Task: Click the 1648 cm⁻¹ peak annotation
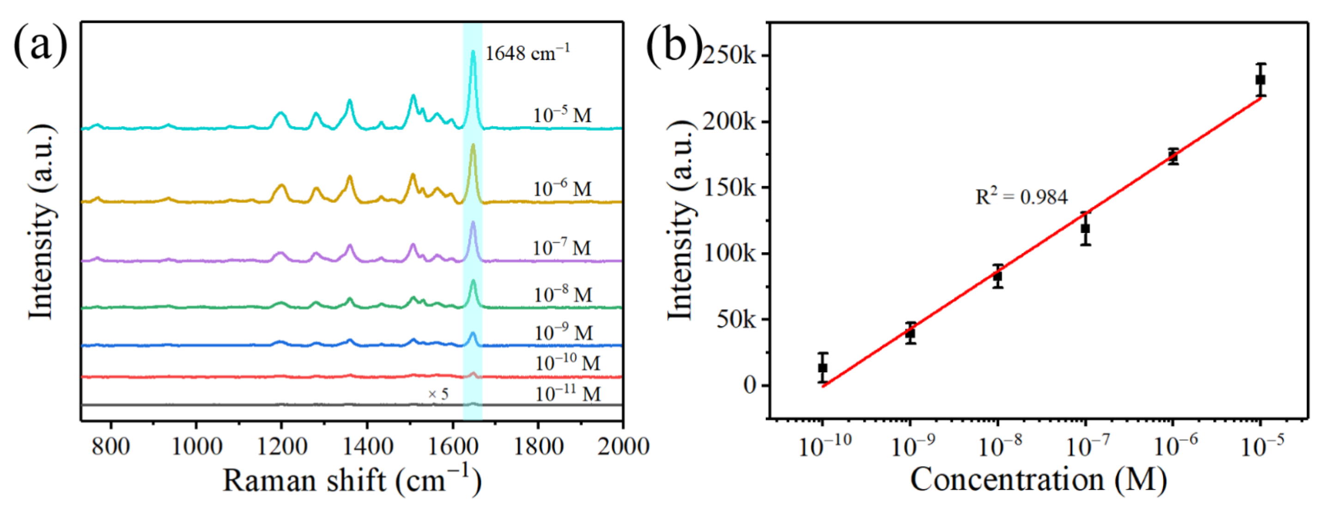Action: tap(527, 54)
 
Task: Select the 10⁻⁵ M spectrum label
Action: tap(562, 114)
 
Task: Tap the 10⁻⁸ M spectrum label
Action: tap(563, 295)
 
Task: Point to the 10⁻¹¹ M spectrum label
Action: tap(567, 394)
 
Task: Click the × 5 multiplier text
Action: tap(438, 394)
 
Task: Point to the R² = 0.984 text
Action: tap(1021, 196)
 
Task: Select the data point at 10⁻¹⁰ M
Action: tap(822, 367)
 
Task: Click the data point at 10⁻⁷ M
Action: tap(1085, 228)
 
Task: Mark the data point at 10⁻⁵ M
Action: tap(1260, 80)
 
